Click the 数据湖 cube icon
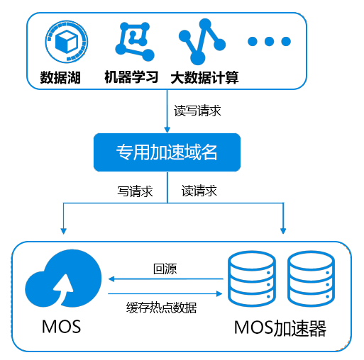tap(67, 42)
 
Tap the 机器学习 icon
tap(135, 42)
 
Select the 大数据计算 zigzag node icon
tap(202, 42)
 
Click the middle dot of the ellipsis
tap(269, 41)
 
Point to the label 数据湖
tap(60, 77)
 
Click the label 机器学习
tap(131, 77)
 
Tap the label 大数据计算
tap(204, 77)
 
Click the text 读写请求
tap(197, 111)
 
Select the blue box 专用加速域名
tap(167, 152)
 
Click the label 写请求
tap(135, 191)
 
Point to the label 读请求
tap(199, 191)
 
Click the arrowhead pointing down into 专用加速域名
tap(167, 130)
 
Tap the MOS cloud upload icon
tap(63, 279)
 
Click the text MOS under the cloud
tap(61, 327)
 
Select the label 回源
tap(165, 269)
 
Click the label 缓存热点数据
tap(161, 308)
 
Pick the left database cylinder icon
tap(252, 279)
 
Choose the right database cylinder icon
tap(311, 279)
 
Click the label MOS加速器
tap(280, 328)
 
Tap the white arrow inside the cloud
tap(62, 289)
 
